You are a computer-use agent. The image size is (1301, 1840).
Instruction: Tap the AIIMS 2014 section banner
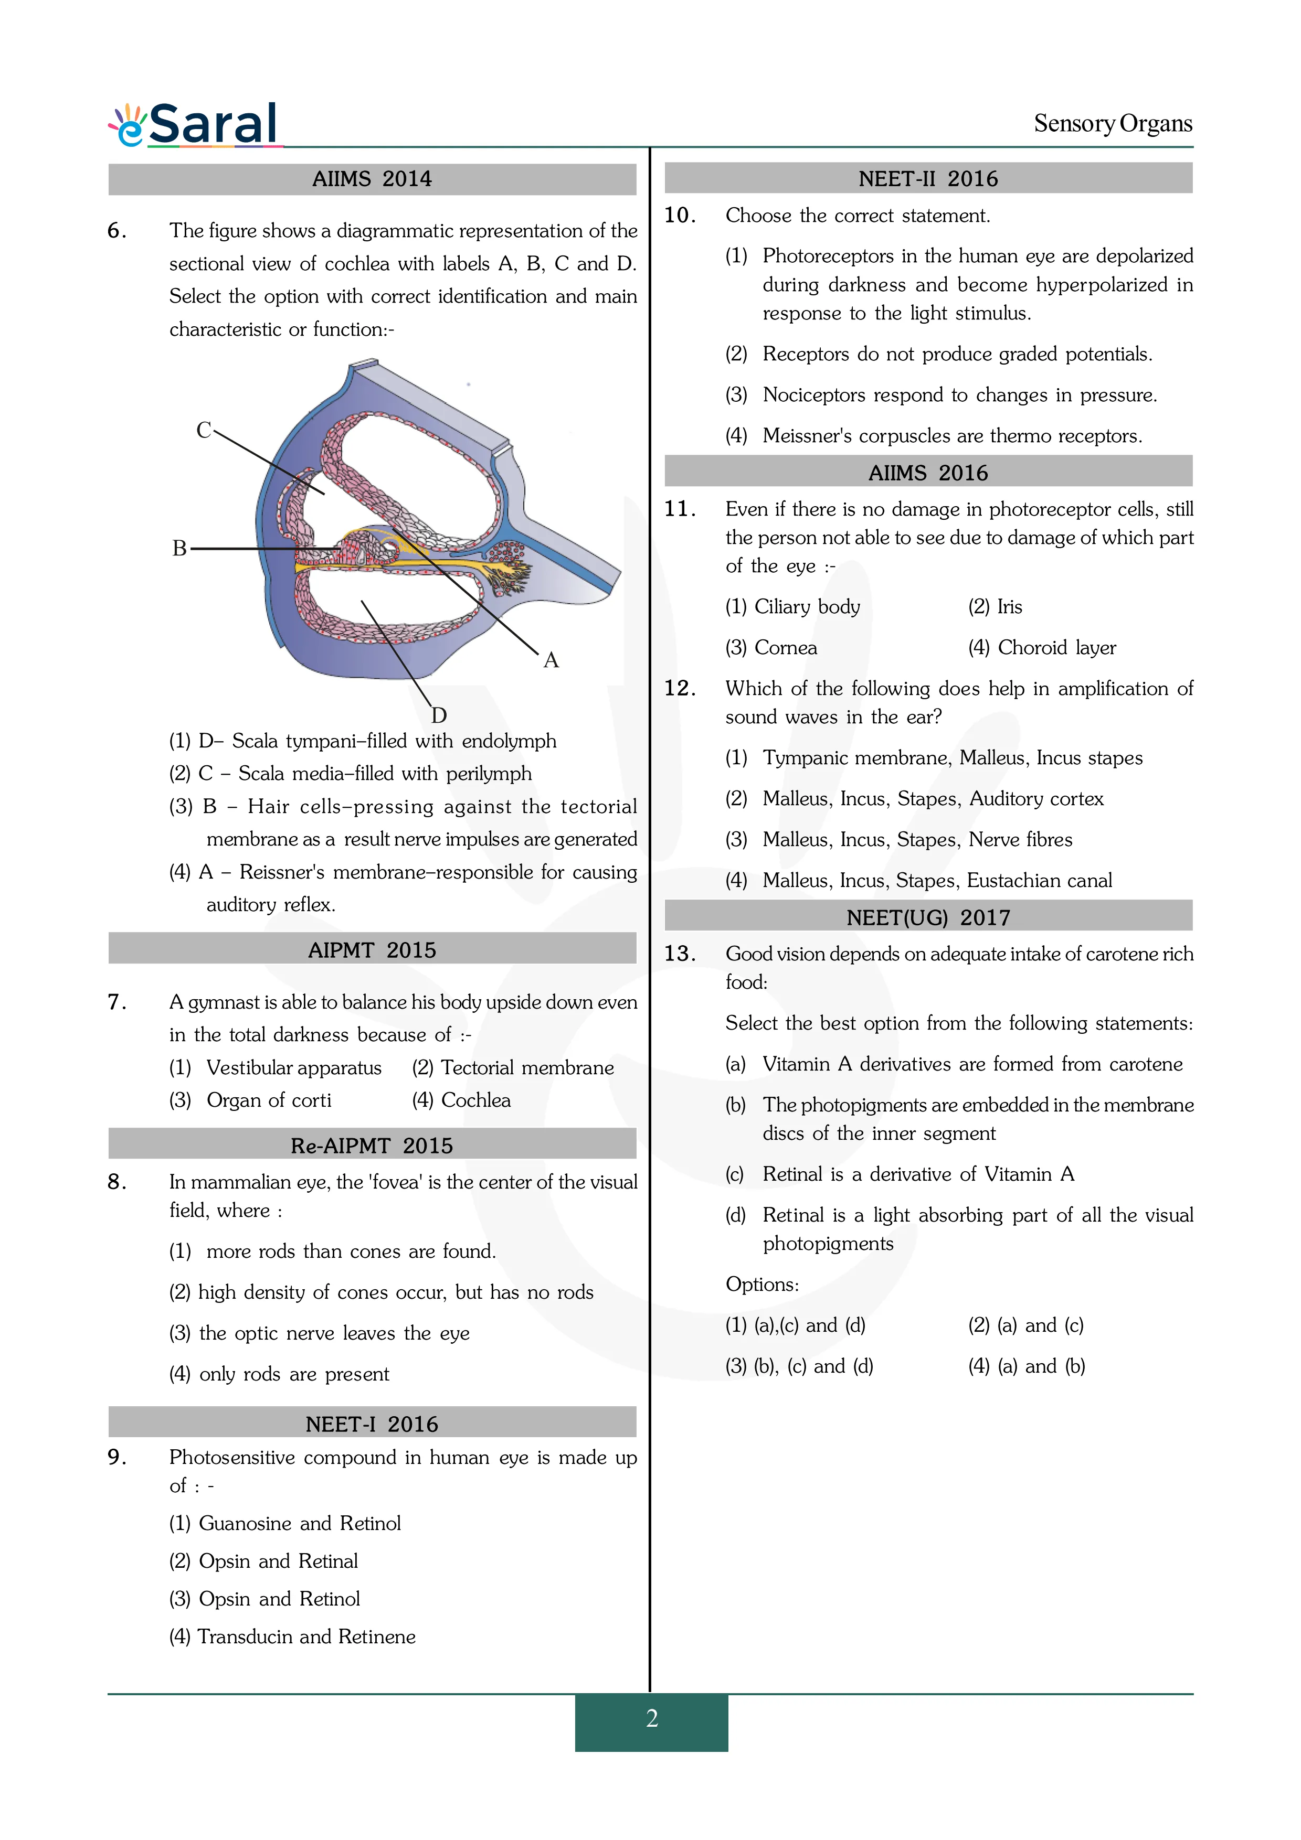[372, 179]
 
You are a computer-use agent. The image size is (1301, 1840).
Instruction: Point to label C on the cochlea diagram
[204, 430]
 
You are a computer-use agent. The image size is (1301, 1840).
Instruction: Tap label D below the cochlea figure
[438, 715]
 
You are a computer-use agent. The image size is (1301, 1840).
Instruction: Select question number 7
[117, 1002]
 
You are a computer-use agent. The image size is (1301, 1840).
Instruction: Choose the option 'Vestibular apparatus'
[293, 1067]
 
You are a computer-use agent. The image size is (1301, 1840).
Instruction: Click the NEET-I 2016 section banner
[372, 1424]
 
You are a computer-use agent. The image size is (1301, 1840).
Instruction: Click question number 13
[679, 954]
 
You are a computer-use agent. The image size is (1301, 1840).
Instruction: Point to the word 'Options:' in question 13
[761, 1285]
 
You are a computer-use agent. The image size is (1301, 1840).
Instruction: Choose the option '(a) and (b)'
[1041, 1366]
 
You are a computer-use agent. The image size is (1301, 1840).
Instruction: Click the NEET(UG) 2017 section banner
[928, 917]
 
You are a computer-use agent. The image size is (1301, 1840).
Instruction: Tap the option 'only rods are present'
[293, 1374]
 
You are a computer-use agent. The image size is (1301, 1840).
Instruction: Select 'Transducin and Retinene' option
[306, 1636]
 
